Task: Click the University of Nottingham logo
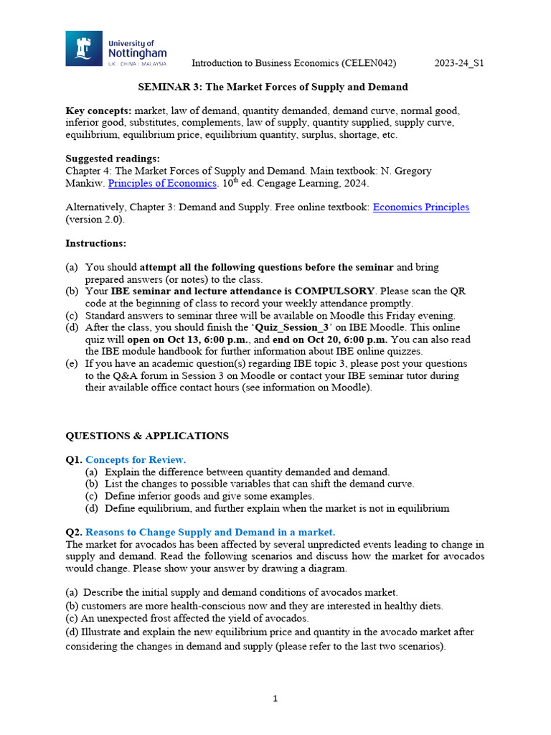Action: tap(116, 50)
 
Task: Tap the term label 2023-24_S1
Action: tap(459, 63)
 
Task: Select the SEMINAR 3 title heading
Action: tap(273, 87)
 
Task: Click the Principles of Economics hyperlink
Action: tap(162, 183)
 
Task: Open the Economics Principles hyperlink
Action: tap(420, 207)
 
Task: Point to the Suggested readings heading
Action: tap(113, 159)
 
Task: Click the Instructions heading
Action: tap(95, 243)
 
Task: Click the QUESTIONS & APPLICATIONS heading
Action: tap(147, 436)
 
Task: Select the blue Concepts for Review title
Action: tap(136, 459)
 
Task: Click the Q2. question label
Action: tap(74, 532)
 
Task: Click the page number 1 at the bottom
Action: tap(275, 699)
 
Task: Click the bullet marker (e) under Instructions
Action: tap(72, 364)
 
